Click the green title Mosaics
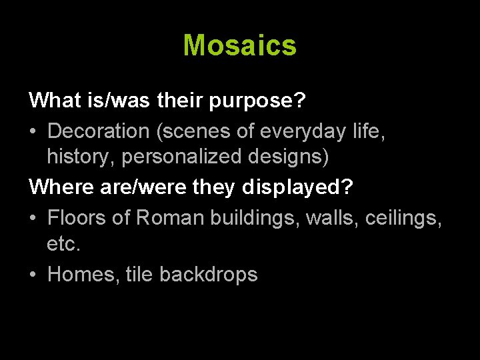(239, 45)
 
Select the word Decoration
(99, 131)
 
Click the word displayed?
(298, 188)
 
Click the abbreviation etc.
(63, 245)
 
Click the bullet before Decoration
(33, 131)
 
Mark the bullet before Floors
(33, 217)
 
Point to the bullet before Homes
(33, 275)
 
